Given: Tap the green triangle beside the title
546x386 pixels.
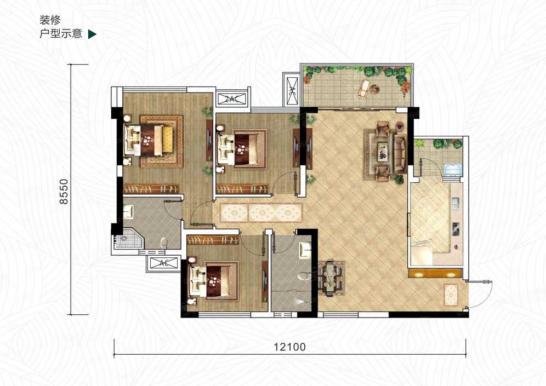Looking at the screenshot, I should pyautogui.click(x=92, y=34).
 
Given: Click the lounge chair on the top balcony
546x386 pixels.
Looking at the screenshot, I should pyautogui.click(x=363, y=88).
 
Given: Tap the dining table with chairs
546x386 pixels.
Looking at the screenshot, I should pyautogui.click(x=331, y=278).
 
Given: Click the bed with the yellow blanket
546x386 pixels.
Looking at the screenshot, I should pyautogui.click(x=153, y=141).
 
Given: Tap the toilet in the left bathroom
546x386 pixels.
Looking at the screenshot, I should pyautogui.click(x=163, y=241).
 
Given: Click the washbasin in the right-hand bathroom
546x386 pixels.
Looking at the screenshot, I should pyautogui.click(x=305, y=249).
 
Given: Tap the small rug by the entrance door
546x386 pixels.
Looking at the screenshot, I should pyautogui.click(x=451, y=295).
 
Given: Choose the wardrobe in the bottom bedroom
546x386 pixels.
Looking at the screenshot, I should pyautogui.click(x=213, y=240).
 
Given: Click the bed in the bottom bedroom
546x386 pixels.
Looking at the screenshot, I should pyautogui.click(x=214, y=281).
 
